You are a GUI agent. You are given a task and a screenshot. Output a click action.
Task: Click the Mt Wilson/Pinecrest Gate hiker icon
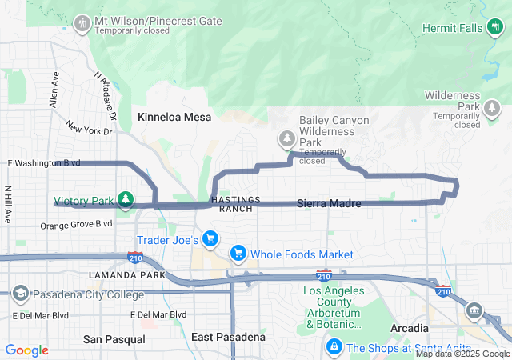click(x=82, y=23)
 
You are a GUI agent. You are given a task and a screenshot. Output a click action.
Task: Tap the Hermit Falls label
click(x=454, y=29)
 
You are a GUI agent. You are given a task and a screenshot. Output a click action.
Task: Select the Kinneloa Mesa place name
click(x=174, y=117)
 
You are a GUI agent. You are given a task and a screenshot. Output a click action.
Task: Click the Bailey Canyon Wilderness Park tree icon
click(x=286, y=139)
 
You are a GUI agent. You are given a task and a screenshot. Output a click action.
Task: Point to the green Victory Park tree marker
click(x=125, y=199)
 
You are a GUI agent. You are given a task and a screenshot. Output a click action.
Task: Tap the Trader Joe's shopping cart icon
click(x=210, y=239)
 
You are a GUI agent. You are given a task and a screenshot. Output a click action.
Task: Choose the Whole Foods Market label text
click(x=302, y=254)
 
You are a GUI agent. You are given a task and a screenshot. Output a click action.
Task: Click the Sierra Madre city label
click(x=328, y=204)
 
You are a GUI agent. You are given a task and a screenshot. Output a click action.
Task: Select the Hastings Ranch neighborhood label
click(x=231, y=203)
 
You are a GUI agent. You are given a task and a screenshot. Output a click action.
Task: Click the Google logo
click(x=27, y=350)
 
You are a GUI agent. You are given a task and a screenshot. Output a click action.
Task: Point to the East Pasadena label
click(x=228, y=337)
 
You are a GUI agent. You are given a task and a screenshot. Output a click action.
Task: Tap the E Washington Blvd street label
click(x=44, y=163)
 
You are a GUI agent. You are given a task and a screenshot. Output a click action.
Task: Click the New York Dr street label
click(x=89, y=129)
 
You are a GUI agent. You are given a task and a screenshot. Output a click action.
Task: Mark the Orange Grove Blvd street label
click(x=76, y=226)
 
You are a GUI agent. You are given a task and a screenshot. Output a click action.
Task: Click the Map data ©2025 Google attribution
click(x=462, y=354)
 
